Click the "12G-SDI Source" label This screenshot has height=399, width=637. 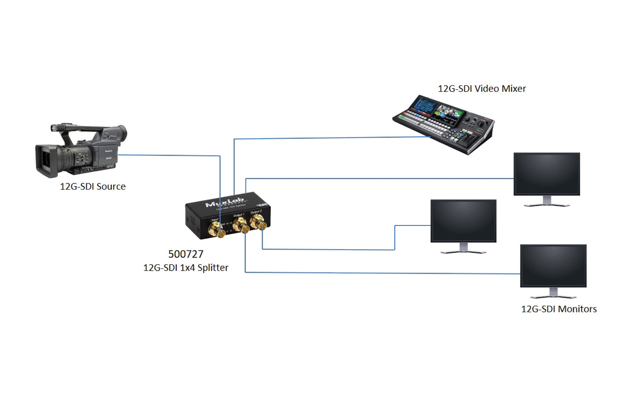[x=92, y=187]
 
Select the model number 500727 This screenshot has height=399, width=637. [x=185, y=254]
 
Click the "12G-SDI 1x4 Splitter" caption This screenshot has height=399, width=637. [x=186, y=268]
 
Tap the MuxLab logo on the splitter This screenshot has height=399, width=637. [x=225, y=203]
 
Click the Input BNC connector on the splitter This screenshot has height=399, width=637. [x=216, y=228]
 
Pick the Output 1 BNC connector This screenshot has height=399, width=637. [x=241, y=226]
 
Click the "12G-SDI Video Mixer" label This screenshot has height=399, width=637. [x=482, y=88]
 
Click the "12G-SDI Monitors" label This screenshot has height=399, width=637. [x=559, y=309]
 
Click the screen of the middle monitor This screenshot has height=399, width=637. [x=463, y=221]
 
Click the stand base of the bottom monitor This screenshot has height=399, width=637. [x=553, y=297]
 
